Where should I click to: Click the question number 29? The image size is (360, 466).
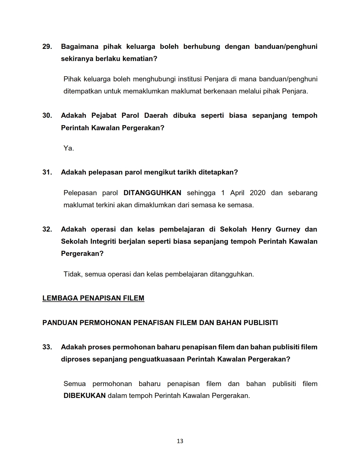47,47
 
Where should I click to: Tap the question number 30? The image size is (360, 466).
47,116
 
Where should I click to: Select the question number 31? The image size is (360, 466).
47,172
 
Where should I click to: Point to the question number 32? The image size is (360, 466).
47,229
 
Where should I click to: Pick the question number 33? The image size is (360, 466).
47,347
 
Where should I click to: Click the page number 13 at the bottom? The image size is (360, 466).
180,441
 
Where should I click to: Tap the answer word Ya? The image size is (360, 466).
69,148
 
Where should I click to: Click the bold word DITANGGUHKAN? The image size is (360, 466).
152,193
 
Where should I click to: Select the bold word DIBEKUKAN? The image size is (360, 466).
84,396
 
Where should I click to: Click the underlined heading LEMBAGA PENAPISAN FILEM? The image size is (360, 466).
93,298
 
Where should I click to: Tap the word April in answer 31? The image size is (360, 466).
237,193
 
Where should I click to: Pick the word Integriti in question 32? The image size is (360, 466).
103,241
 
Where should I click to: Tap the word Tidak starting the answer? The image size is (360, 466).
73,274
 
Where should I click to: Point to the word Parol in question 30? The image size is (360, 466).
130,116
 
